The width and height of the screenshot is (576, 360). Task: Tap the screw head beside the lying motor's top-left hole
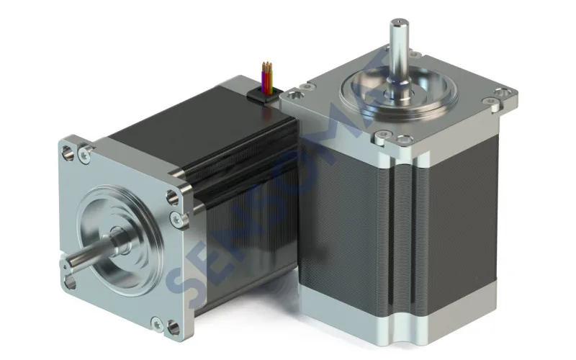click(x=86, y=153)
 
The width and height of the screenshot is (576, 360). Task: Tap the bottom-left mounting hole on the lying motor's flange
click(x=69, y=273)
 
